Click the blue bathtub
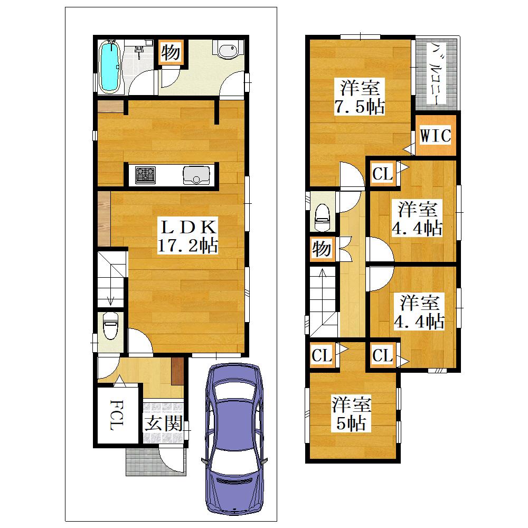[109, 67]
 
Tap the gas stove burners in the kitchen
[145, 175]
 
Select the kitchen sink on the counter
[196, 175]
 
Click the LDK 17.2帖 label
[188, 237]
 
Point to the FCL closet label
[117, 415]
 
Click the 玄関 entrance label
[164, 423]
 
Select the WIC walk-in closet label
[435, 136]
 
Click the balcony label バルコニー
[437, 73]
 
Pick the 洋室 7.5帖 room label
[360, 97]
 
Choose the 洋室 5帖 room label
[351, 414]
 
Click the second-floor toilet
[323, 217]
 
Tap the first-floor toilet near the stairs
[110, 326]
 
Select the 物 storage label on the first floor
[171, 52]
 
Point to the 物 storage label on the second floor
[322, 249]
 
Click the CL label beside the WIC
[382, 174]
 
